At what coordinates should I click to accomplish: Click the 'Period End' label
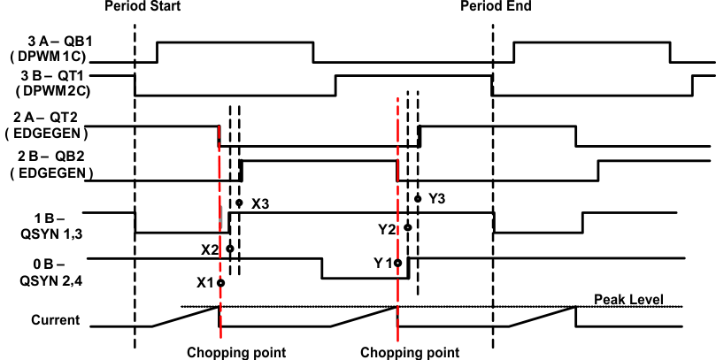pos(495,7)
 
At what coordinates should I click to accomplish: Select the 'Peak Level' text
pos(628,300)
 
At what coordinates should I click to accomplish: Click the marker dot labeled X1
pos(220,283)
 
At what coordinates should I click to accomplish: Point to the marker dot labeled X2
pos(230,249)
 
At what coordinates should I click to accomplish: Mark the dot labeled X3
pos(239,203)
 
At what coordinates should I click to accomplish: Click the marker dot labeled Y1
pos(398,263)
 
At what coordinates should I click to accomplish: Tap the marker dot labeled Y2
pos(408,227)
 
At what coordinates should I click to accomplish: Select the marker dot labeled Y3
pos(418,198)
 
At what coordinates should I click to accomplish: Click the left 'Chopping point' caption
pos(236,352)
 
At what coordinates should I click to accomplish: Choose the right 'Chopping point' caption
pos(410,352)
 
